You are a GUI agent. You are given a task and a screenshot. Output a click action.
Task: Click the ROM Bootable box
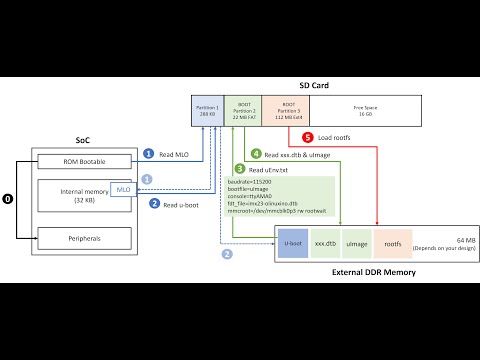(84, 160)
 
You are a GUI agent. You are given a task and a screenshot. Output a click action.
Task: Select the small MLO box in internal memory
(123, 188)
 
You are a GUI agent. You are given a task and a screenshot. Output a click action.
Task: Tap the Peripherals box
(84, 237)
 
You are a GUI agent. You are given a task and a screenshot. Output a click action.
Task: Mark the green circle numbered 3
(238, 169)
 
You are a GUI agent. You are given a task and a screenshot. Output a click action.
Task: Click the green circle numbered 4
(256, 154)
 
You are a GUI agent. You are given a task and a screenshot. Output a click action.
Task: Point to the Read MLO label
(175, 154)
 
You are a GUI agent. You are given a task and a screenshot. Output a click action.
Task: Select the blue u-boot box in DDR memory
(293, 242)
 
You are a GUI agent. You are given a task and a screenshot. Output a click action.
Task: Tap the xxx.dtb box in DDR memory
(325, 242)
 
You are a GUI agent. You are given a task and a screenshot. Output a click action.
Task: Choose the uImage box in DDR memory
(357, 242)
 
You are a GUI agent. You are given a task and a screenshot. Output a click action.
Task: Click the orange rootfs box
(392, 242)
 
